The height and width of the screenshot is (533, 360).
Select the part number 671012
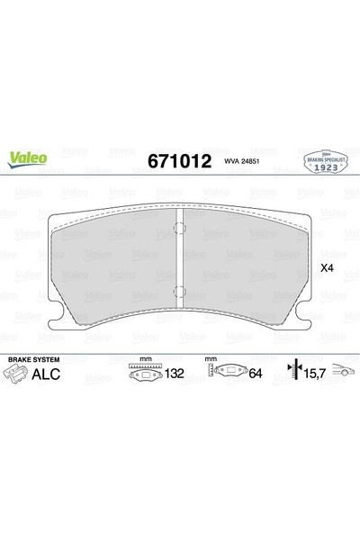[x=174, y=162]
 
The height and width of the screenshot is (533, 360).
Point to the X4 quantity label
[x=327, y=267]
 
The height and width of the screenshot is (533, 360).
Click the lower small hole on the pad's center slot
[x=180, y=289]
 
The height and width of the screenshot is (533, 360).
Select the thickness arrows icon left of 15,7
[x=292, y=373]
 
